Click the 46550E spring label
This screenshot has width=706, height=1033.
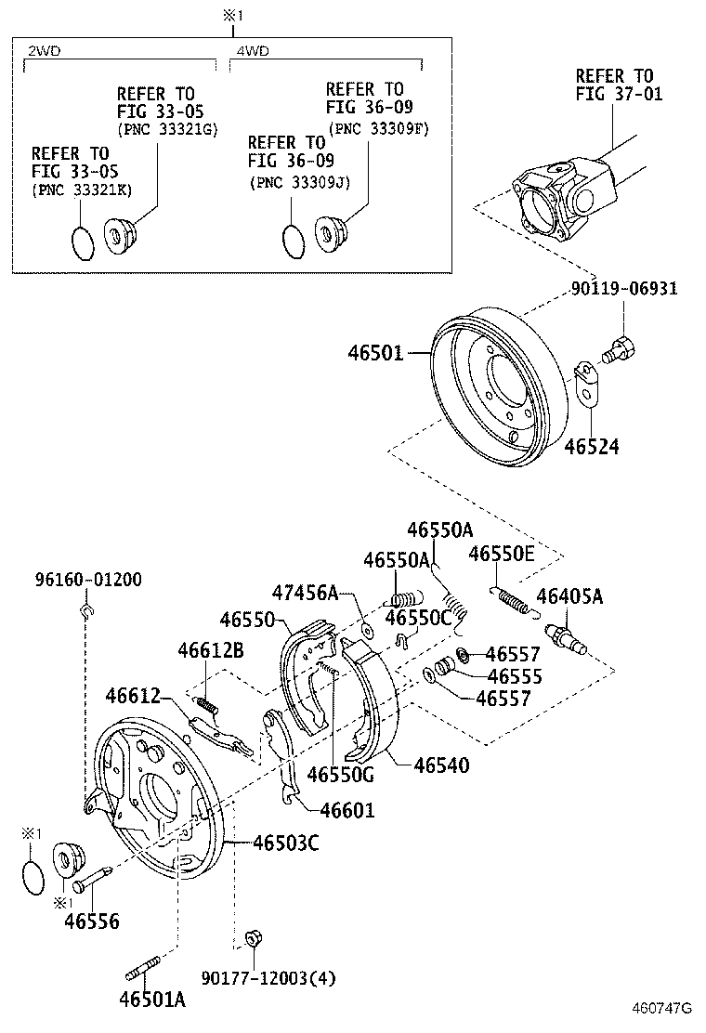point(502,555)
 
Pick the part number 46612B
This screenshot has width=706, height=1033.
point(211,651)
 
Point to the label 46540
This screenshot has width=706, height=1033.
point(441,765)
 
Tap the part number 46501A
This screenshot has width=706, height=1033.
point(152,1000)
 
